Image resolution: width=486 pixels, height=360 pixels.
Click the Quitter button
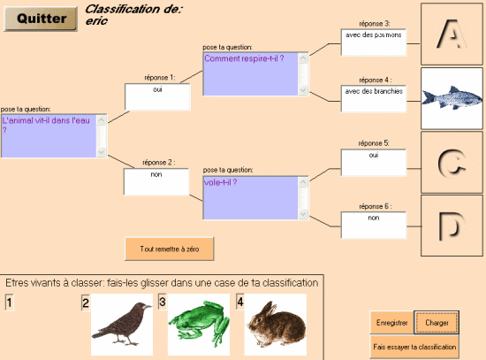pos(41,19)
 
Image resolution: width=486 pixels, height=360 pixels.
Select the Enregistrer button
pos(391,323)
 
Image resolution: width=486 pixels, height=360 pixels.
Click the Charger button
pos(437,323)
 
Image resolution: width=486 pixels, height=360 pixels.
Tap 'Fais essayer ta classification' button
pos(414,347)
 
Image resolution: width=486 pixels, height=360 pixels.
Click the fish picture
pos(452,98)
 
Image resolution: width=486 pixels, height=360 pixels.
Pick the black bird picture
pos(122,325)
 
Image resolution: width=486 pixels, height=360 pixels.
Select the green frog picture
pos(199,325)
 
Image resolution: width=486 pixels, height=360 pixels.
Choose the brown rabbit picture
pos(276,325)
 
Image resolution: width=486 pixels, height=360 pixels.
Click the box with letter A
pos(452,34)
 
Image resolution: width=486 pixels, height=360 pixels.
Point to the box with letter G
pos(452,163)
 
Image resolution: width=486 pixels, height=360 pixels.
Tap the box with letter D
pos(452,226)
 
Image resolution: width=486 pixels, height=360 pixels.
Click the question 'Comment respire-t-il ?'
pos(244,58)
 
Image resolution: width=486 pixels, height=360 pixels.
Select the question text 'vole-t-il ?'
pos(220,182)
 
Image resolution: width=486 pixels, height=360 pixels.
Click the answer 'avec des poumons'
pos(374,34)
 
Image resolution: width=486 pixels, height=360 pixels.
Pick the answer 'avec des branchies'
pos(374,91)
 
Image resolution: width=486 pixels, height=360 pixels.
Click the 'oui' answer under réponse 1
pos(157,89)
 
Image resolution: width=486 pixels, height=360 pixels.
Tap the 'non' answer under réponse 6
pos(374,218)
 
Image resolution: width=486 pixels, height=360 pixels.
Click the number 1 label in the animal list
pos(10,303)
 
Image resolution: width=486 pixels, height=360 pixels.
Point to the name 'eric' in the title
pos(96,21)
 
